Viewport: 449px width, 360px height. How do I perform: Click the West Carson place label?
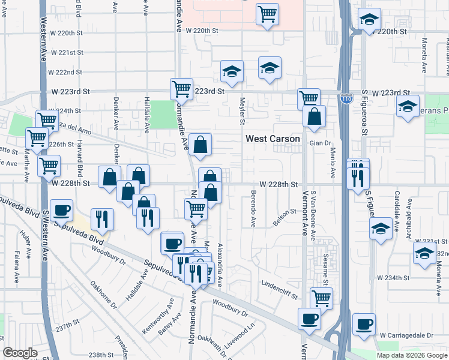(x=273, y=139)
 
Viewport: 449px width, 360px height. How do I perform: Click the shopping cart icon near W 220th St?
(x=267, y=13)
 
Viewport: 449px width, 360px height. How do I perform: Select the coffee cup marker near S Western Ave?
(x=61, y=211)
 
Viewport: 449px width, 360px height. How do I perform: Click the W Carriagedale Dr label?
(x=406, y=334)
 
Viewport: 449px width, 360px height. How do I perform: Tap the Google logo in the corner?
(x=20, y=353)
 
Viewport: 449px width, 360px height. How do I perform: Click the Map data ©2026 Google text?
(x=411, y=355)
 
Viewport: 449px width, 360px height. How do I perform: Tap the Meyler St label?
(x=243, y=112)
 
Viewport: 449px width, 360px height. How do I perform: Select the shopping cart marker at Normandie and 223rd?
(x=181, y=89)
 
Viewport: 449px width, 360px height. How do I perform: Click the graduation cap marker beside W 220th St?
(x=369, y=20)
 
